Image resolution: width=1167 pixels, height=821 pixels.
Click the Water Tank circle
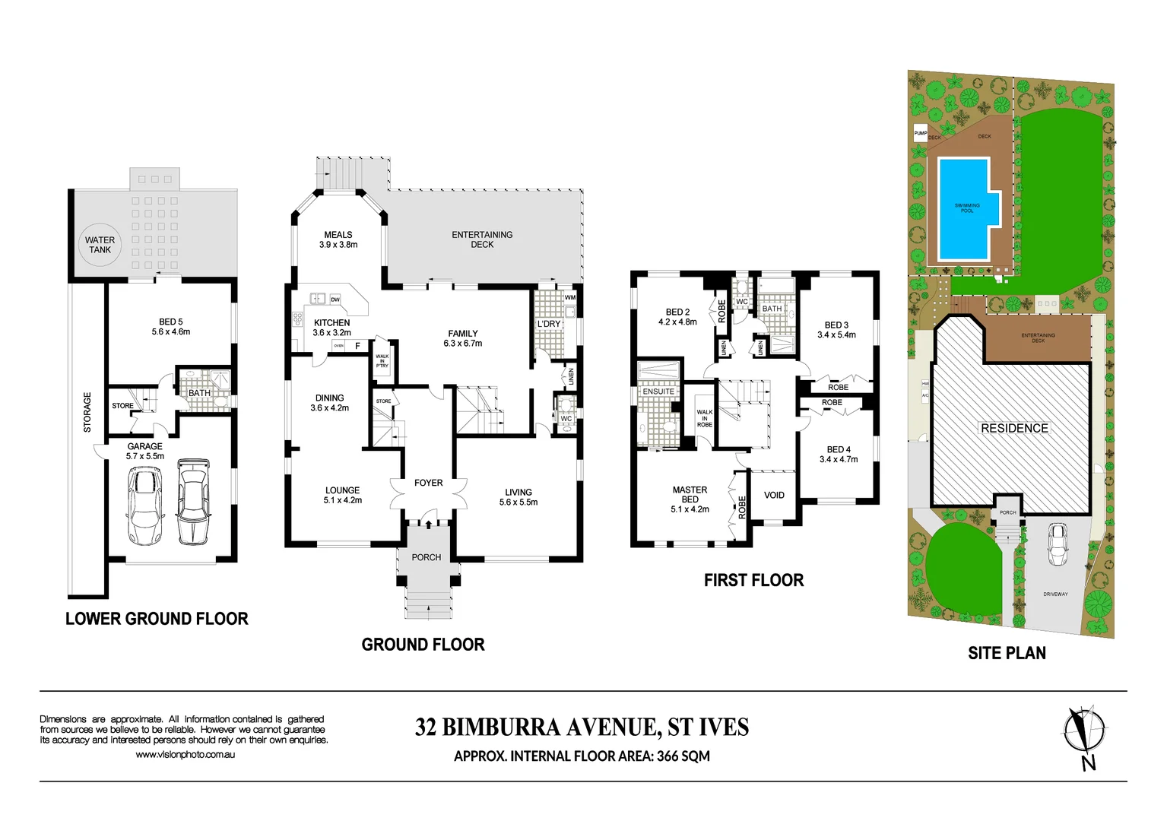pos(100,245)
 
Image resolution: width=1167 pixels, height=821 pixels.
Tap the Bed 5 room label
pos(170,322)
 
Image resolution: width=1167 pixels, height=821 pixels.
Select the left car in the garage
pos(145,506)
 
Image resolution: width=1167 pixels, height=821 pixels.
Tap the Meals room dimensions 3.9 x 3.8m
pos(338,245)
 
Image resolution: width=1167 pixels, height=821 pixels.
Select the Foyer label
pos(428,483)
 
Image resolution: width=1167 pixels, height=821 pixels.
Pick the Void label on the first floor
pos(774,495)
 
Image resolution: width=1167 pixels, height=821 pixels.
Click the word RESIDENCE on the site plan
pos(1014,428)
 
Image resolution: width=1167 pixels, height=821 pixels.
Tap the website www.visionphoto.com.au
pos(185,754)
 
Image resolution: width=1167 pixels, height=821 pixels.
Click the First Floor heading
pos(753,580)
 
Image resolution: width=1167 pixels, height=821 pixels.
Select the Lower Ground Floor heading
pos(157,619)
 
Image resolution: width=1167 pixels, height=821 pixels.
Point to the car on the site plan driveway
pos(1058,544)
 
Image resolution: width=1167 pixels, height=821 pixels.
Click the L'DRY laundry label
pos(548,324)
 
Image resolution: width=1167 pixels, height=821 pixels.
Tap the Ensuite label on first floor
pos(658,391)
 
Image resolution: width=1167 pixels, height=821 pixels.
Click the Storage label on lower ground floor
pos(87,412)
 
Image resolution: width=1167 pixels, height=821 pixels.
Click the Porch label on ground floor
pos(426,557)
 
